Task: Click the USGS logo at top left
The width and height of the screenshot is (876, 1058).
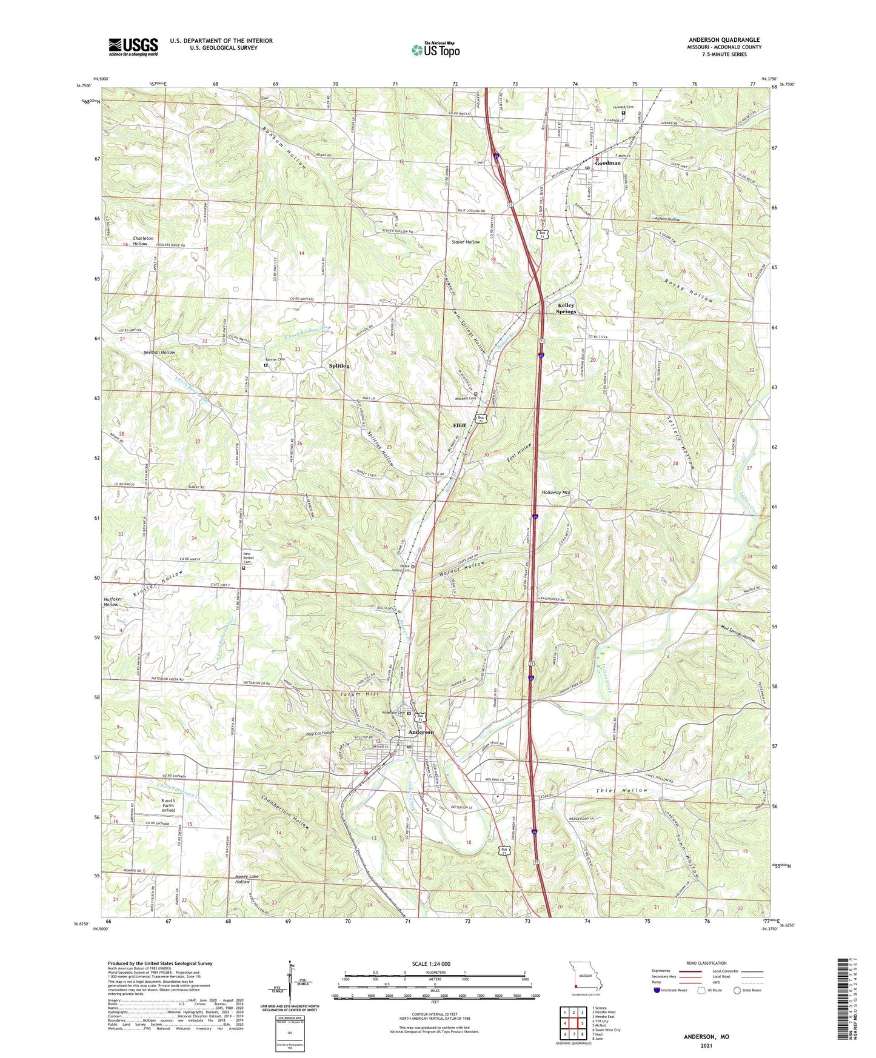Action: (x=133, y=47)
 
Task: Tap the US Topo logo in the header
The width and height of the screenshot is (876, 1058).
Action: (x=435, y=50)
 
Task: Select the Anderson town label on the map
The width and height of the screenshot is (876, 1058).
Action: (x=421, y=732)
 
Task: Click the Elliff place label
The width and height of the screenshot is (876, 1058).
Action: (x=460, y=425)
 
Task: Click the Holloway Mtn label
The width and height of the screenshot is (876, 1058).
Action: (x=555, y=493)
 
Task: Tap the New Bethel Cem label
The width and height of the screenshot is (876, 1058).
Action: (x=249, y=558)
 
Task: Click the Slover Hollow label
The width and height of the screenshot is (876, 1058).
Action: (x=466, y=242)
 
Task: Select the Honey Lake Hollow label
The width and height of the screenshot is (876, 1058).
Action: (x=242, y=879)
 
